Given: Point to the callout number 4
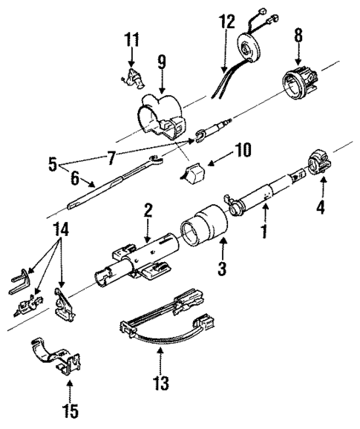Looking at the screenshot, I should (321, 208).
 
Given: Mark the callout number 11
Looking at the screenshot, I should (131, 38).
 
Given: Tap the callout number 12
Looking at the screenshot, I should (226, 22).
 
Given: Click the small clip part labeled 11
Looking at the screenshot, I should (131, 76).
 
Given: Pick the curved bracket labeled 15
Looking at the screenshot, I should (60, 361).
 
